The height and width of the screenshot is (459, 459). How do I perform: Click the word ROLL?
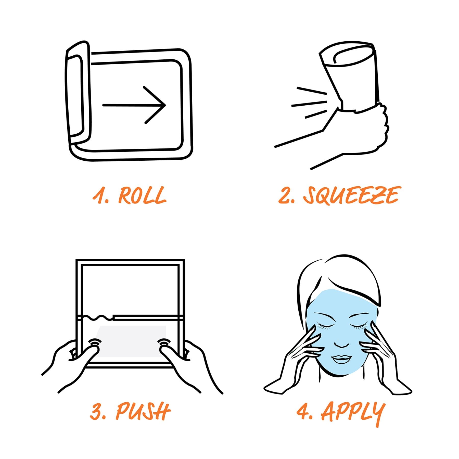tap(142, 196)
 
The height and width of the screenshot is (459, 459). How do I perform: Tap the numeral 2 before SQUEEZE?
tap(284, 196)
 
